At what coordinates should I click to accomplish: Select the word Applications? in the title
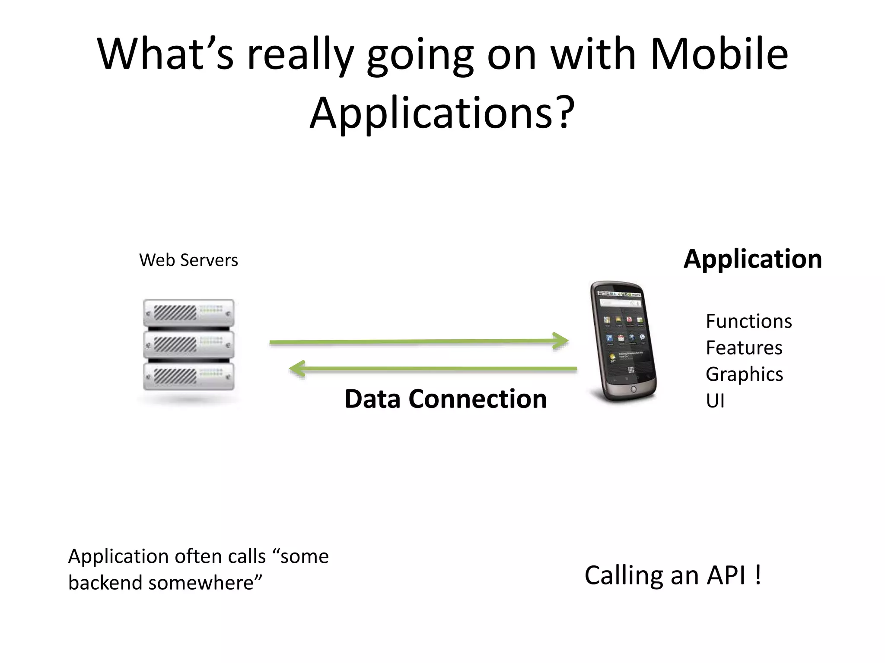[x=442, y=113]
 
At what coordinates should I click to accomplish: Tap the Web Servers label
[x=188, y=260]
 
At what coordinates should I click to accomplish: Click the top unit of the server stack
[x=189, y=313]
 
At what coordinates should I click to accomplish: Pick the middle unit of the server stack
[x=189, y=344]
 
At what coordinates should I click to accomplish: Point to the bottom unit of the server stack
[x=189, y=376]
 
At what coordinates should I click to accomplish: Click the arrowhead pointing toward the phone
[x=561, y=341]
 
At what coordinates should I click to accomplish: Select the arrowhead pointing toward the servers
[x=298, y=369]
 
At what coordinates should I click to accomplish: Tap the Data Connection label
[x=446, y=399]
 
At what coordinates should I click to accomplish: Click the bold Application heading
[x=752, y=259]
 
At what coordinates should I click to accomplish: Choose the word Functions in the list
[x=748, y=322]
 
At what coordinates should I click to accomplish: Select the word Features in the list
[x=744, y=348]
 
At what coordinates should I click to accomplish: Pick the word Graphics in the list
[x=744, y=374]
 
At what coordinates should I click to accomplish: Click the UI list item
[x=715, y=401]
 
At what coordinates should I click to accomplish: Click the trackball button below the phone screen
[x=634, y=389]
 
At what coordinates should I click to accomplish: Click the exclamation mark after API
[x=758, y=575]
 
